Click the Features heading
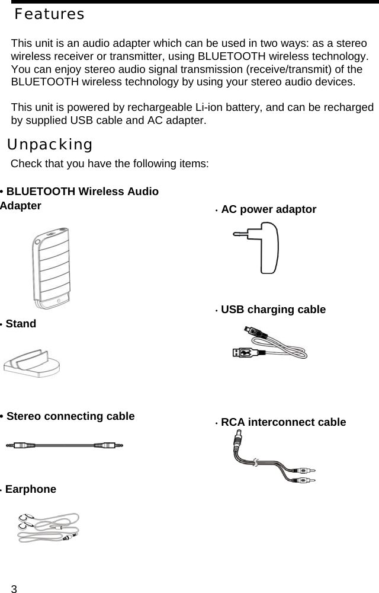point(49,14)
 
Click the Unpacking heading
point(50,144)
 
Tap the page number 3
point(15,588)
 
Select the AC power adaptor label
point(268,209)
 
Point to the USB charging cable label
point(272,310)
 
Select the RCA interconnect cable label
point(283,422)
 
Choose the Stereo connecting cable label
point(70,416)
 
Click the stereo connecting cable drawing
point(65,444)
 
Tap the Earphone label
point(30,489)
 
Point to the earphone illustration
point(47,527)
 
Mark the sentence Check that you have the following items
point(110,163)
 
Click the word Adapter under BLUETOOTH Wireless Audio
point(21,206)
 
